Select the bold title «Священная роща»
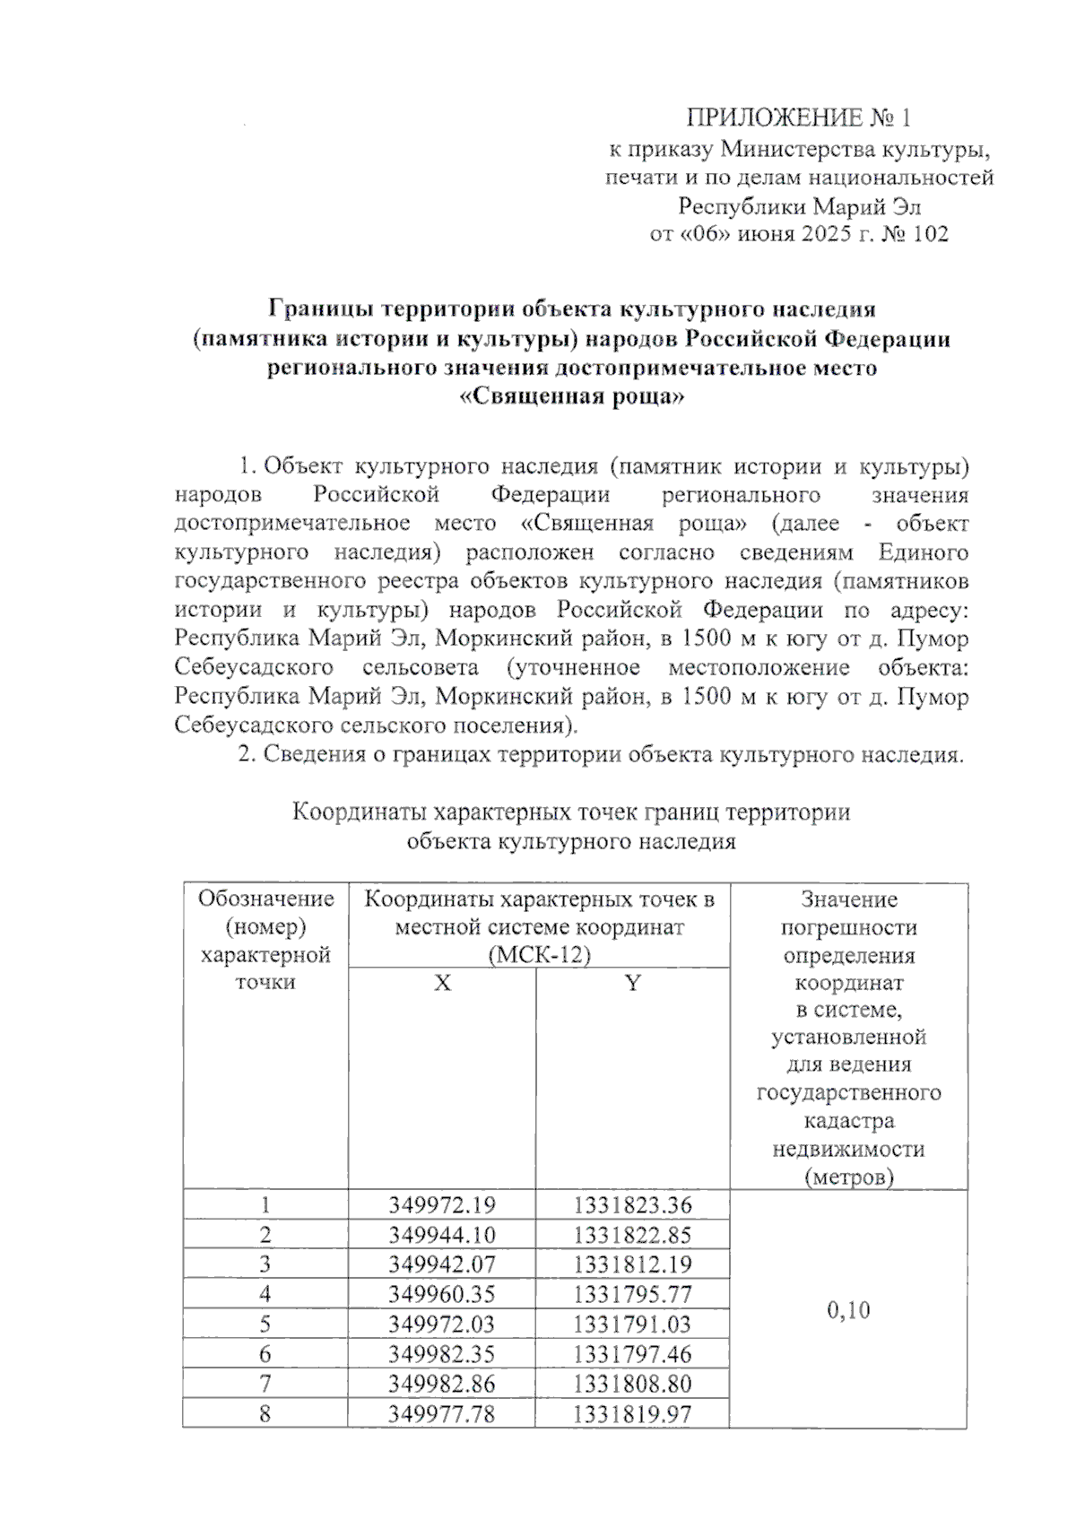(571, 396)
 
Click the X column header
(442, 984)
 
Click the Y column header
(633, 984)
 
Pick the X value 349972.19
(442, 1205)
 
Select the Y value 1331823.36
(633, 1205)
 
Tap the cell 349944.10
(442, 1235)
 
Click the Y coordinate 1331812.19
(633, 1264)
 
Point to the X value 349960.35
(442, 1294)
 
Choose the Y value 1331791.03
(633, 1324)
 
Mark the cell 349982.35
(442, 1353)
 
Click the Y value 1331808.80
(633, 1383)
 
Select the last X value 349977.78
(442, 1414)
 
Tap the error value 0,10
(848, 1310)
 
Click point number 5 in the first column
(265, 1324)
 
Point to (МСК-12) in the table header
(540, 955)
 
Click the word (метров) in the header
(848, 1177)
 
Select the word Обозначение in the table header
(265, 899)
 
